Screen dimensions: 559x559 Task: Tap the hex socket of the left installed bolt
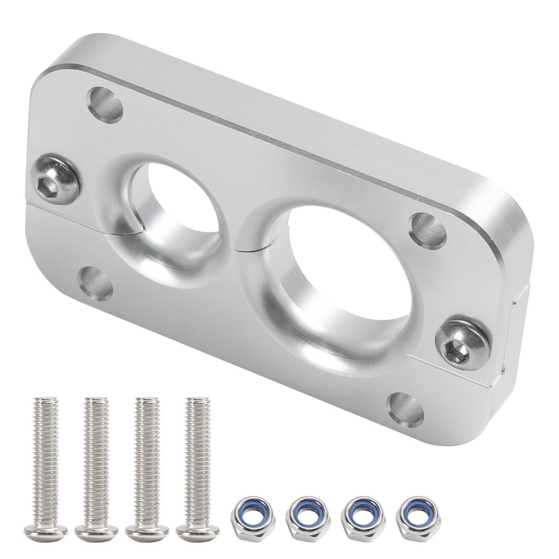pyautogui.click(x=48, y=185)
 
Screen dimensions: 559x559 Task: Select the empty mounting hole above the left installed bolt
pyautogui.click(x=105, y=104)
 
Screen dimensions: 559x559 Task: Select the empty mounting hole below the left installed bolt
pyautogui.click(x=95, y=283)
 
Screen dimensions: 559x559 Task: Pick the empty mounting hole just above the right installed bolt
pyautogui.click(x=427, y=231)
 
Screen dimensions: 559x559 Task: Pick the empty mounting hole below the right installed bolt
pyautogui.click(x=406, y=409)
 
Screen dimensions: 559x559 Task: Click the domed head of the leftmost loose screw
pyautogui.click(x=45, y=532)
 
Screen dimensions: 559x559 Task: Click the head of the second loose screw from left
pyautogui.click(x=96, y=532)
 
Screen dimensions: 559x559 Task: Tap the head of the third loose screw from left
pyautogui.click(x=147, y=532)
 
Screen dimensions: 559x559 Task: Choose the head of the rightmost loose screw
pyautogui.click(x=198, y=532)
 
